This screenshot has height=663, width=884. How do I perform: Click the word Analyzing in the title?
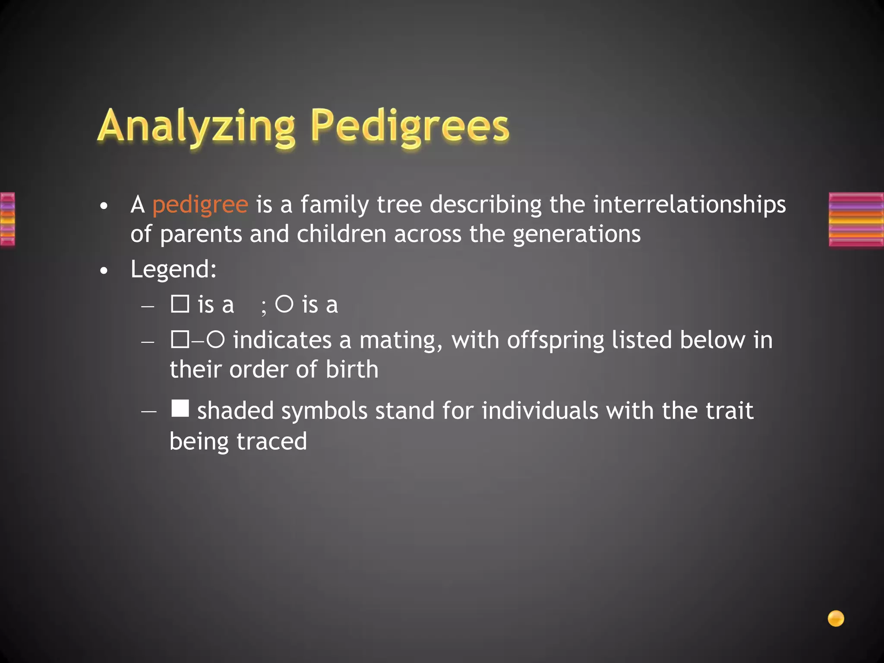tap(196, 126)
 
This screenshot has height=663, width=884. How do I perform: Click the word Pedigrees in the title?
tap(410, 126)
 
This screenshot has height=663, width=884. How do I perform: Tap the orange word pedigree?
tap(200, 205)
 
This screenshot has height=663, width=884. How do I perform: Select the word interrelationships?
tap(689, 205)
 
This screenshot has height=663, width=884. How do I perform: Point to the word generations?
tap(576, 234)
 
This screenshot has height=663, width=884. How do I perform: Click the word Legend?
tap(174, 270)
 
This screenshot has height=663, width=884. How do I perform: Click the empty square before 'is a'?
tap(180, 304)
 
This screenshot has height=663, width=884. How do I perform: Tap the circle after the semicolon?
tap(284, 304)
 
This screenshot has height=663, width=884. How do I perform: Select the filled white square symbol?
tap(180, 408)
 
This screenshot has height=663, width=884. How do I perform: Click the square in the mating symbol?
tap(180, 339)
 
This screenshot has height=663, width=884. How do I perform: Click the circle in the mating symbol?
tap(215, 339)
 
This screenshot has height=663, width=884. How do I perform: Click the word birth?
tap(352, 370)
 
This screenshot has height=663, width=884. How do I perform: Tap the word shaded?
tap(235, 410)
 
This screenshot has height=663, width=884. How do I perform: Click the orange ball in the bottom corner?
tap(836, 619)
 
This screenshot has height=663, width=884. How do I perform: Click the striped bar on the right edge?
tap(856, 220)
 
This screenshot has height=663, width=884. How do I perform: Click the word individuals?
tap(540, 410)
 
